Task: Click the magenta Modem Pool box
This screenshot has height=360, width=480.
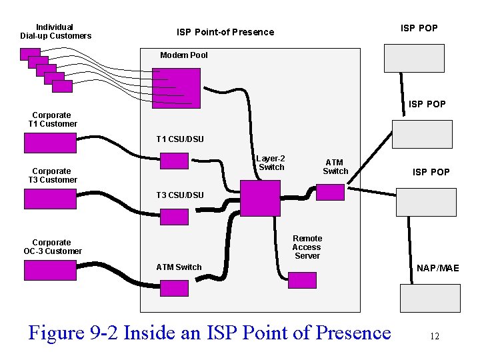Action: tap(176, 87)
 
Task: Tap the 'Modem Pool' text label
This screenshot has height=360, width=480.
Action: tap(183, 55)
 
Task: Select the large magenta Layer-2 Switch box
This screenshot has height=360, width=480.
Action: tap(260, 198)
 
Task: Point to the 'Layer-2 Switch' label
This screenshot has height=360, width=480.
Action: tap(271, 163)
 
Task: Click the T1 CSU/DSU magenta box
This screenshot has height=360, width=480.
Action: tap(175, 161)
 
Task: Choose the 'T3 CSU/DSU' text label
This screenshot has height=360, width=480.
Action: tap(180, 195)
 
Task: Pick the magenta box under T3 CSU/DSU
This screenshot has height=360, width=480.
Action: tap(175, 217)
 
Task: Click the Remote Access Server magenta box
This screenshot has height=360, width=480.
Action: tap(302, 280)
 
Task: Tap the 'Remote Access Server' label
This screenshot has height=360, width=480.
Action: tap(307, 247)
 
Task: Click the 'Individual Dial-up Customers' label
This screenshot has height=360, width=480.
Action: tap(55, 31)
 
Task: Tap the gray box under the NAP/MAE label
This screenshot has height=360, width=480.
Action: tap(430, 298)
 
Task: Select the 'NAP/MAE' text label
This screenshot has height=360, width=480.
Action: tap(437, 268)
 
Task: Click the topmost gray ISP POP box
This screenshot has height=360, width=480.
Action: tap(414, 58)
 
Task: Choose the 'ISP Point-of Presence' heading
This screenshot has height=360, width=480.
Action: tap(225, 32)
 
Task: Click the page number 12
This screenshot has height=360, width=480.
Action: tap(434, 337)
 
